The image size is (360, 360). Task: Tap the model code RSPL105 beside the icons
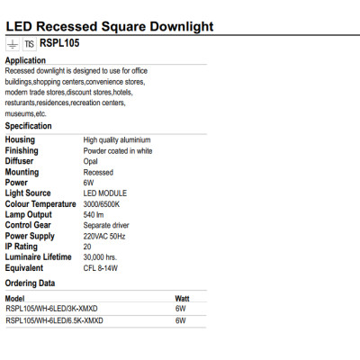(x=60, y=43)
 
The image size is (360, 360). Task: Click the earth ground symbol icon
(x=12, y=43)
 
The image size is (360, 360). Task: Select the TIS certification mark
(x=29, y=43)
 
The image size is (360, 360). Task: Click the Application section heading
(x=25, y=60)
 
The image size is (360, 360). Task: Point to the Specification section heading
(x=29, y=127)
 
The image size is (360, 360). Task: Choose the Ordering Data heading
(x=31, y=283)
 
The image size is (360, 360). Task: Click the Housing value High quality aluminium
(x=117, y=140)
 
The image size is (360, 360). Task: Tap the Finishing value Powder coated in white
(x=117, y=150)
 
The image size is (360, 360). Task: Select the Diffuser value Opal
(x=91, y=161)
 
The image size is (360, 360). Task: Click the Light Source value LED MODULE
(x=105, y=193)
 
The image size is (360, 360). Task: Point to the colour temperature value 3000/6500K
(x=102, y=204)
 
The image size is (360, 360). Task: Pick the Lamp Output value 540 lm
(x=94, y=214)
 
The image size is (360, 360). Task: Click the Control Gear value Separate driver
(x=107, y=225)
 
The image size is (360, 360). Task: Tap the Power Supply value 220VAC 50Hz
(x=105, y=236)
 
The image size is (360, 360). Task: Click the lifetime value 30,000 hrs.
(x=100, y=257)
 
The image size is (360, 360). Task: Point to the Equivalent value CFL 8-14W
(x=100, y=267)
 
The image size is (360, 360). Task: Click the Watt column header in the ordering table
(x=183, y=297)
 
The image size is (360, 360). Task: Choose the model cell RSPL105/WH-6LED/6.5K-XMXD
(x=54, y=319)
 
